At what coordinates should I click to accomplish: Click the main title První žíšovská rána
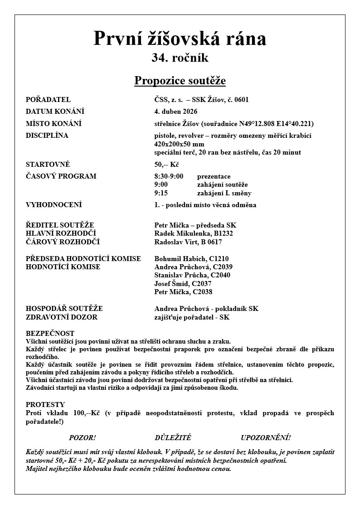(x=180, y=39)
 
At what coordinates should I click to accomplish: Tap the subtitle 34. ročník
(x=180, y=58)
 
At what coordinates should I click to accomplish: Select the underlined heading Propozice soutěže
(x=180, y=81)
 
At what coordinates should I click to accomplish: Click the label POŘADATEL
(x=48, y=100)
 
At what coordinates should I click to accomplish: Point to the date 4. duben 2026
(x=176, y=111)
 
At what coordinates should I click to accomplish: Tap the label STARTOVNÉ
(x=48, y=165)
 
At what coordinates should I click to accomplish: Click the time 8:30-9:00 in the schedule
(x=169, y=176)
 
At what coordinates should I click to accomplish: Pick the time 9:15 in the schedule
(x=161, y=193)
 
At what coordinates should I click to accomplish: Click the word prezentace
(x=214, y=176)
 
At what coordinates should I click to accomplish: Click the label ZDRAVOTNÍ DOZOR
(x=62, y=317)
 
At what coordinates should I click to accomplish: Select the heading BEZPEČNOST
(x=50, y=334)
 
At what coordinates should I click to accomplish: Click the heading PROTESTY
(x=45, y=405)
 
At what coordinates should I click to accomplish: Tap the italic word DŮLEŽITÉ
(x=173, y=438)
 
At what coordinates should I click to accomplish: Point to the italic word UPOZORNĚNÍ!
(x=266, y=438)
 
